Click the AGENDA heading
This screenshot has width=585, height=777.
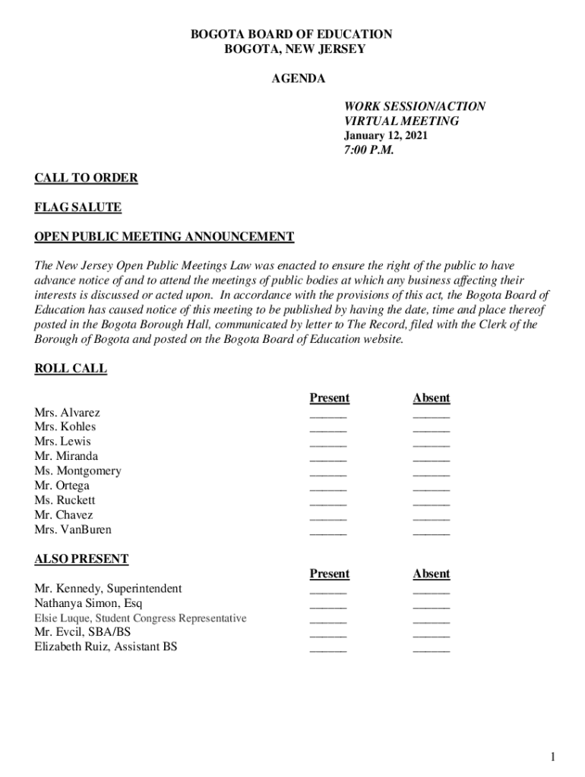(299, 79)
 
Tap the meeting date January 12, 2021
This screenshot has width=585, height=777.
(385, 136)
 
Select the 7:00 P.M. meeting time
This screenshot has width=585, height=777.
(369, 150)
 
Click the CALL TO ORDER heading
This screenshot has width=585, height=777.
(86, 178)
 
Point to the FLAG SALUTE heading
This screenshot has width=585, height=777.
(77, 207)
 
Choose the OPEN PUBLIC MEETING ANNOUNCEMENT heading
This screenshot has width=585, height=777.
(164, 237)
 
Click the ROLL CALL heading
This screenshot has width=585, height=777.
(71, 369)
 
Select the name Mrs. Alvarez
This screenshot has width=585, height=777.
(67, 413)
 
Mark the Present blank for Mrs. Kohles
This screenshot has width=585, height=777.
(328, 429)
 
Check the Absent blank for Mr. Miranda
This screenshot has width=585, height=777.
(431, 458)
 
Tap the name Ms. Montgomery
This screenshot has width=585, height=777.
(77, 471)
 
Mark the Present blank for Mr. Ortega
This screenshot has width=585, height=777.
(328, 488)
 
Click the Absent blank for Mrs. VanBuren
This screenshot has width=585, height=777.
(431, 532)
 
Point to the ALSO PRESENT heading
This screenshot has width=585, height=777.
(81, 559)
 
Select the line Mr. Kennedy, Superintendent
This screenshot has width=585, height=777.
(108, 589)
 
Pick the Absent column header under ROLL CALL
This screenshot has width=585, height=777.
(431, 398)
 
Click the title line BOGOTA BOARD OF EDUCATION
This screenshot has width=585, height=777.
(291, 34)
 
